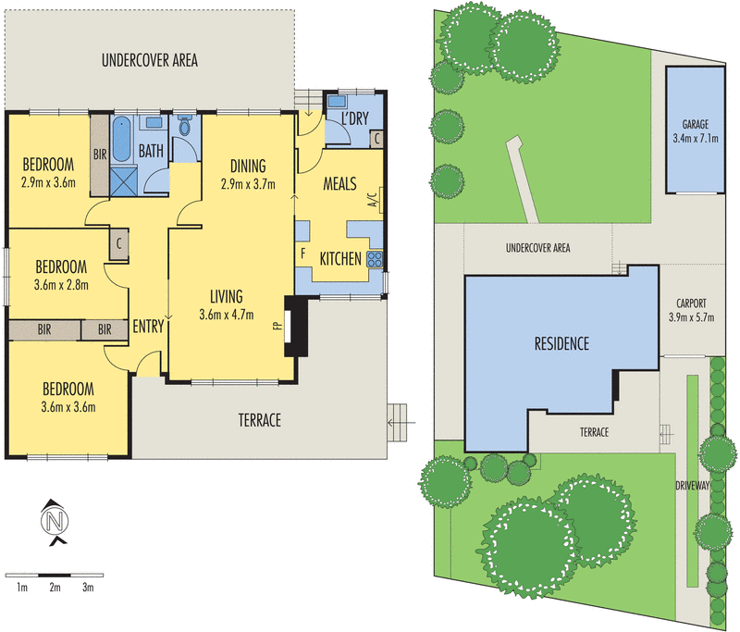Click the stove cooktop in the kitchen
(x=376, y=259)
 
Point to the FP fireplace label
(x=277, y=326)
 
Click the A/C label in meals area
(x=372, y=202)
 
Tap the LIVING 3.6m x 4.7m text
(x=226, y=305)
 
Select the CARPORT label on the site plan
(x=693, y=303)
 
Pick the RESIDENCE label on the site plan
(x=561, y=344)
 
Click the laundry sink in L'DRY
(x=337, y=101)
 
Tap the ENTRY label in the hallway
(x=148, y=327)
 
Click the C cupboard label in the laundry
(x=377, y=138)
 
